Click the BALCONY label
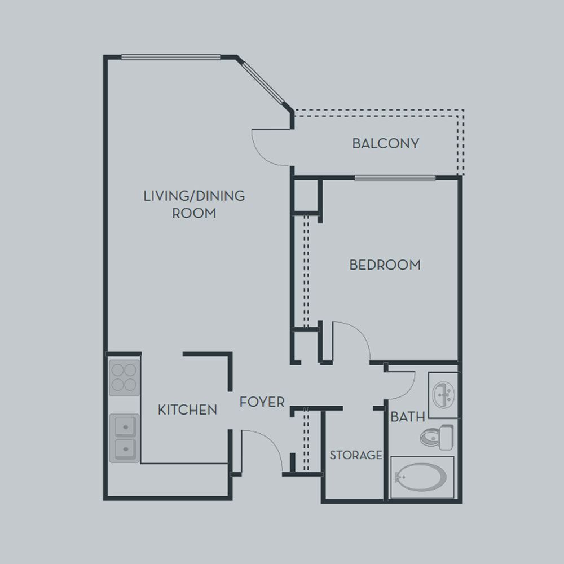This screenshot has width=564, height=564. point(386,143)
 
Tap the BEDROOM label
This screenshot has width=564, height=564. point(385,265)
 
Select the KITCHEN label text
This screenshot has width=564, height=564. point(187,409)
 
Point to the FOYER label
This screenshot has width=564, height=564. point(262,402)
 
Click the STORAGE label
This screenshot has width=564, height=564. point(356,455)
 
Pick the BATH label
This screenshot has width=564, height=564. point(408,417)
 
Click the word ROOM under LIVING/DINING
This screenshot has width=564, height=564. point(194,213)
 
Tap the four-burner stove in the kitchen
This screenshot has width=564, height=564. point(124,378)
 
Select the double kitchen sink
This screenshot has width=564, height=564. point(124,438)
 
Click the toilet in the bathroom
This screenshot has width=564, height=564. point(437,437)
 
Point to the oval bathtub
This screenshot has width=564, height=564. point(421,477)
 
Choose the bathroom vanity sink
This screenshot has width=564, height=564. point(443,395)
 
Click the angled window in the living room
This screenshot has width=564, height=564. point(264,83)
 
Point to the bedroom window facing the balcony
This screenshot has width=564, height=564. point(395,178)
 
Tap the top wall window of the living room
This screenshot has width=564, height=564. point(170,57)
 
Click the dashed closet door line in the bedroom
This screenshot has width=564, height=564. point(306,272)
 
